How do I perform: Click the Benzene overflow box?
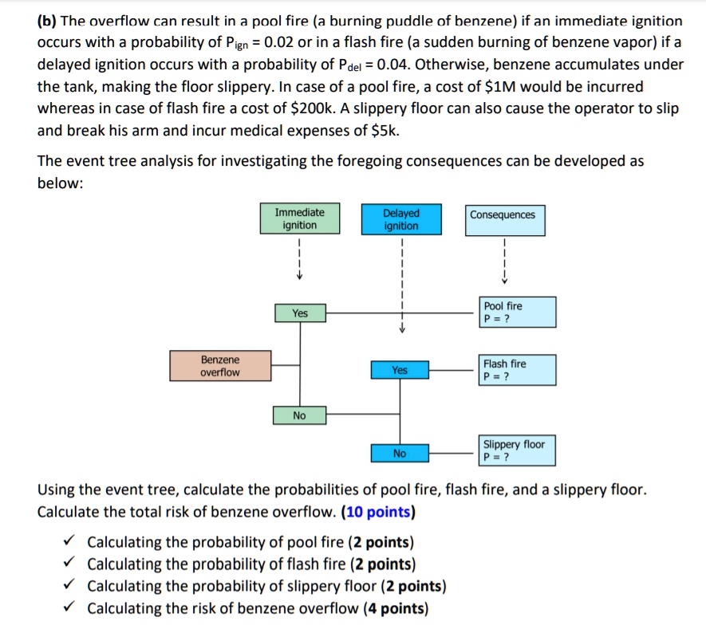pyautogui.click(x=220, y=366)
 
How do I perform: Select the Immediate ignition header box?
pyautogui.click(x=299, y=218)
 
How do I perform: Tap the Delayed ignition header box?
pyautogui.click(x=400, y=219)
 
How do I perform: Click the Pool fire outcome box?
pyautogui.click(x=517, y=312)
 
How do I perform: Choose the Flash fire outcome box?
pyautogui.click(x=517, y=370)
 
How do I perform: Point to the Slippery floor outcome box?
pyautogui.click(x=517, y=450)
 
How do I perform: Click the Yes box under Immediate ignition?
pyautogui.click(x=299, y=313)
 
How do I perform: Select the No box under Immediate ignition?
pyautogui.click(x=299, y=415)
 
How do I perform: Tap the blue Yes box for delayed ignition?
pyautogui.click(x=400, y=370)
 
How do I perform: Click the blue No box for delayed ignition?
pyautogui.click(x=400, y=454)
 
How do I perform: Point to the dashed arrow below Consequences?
pyautogui.click(x=503, y=259)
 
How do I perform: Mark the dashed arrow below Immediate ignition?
pyautogui.click(x=299, y=259)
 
